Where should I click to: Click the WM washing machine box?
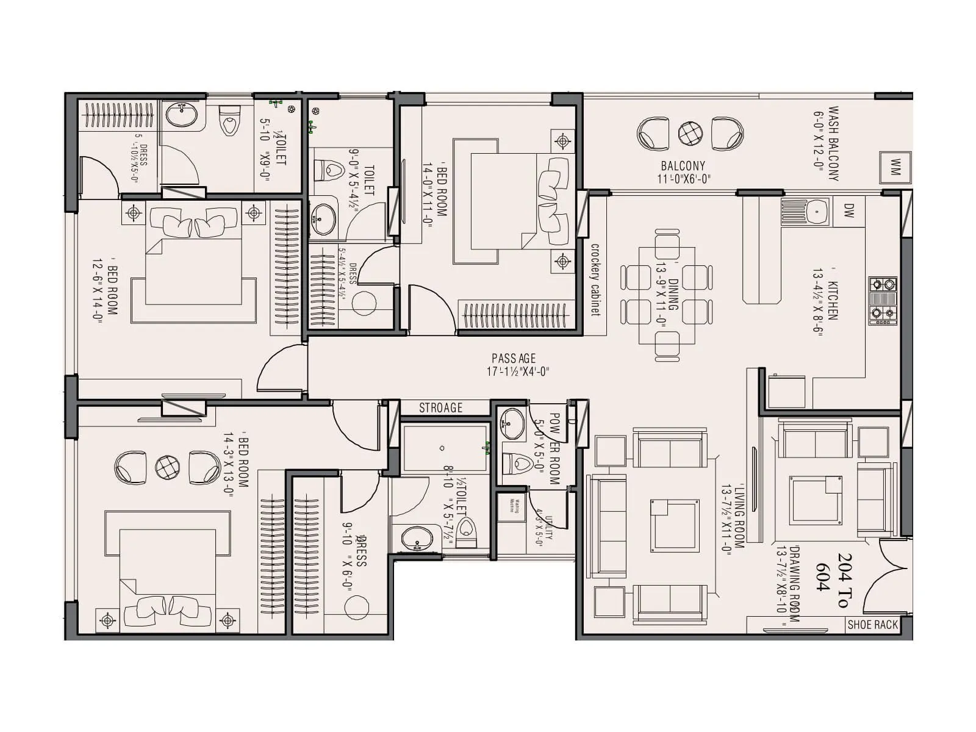(895, 167)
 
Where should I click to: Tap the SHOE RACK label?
(872, 625)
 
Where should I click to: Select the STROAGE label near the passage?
(440, 408)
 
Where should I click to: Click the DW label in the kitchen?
(849, 211)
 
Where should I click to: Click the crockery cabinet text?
(595, 279)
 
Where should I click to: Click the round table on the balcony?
(691, 133)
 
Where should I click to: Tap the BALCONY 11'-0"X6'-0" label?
(683, 172)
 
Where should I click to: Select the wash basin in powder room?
(512, 423)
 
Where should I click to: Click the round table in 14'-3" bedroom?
(167, 467)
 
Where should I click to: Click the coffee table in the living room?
(674, 525)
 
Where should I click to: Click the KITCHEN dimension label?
(825, 304)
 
